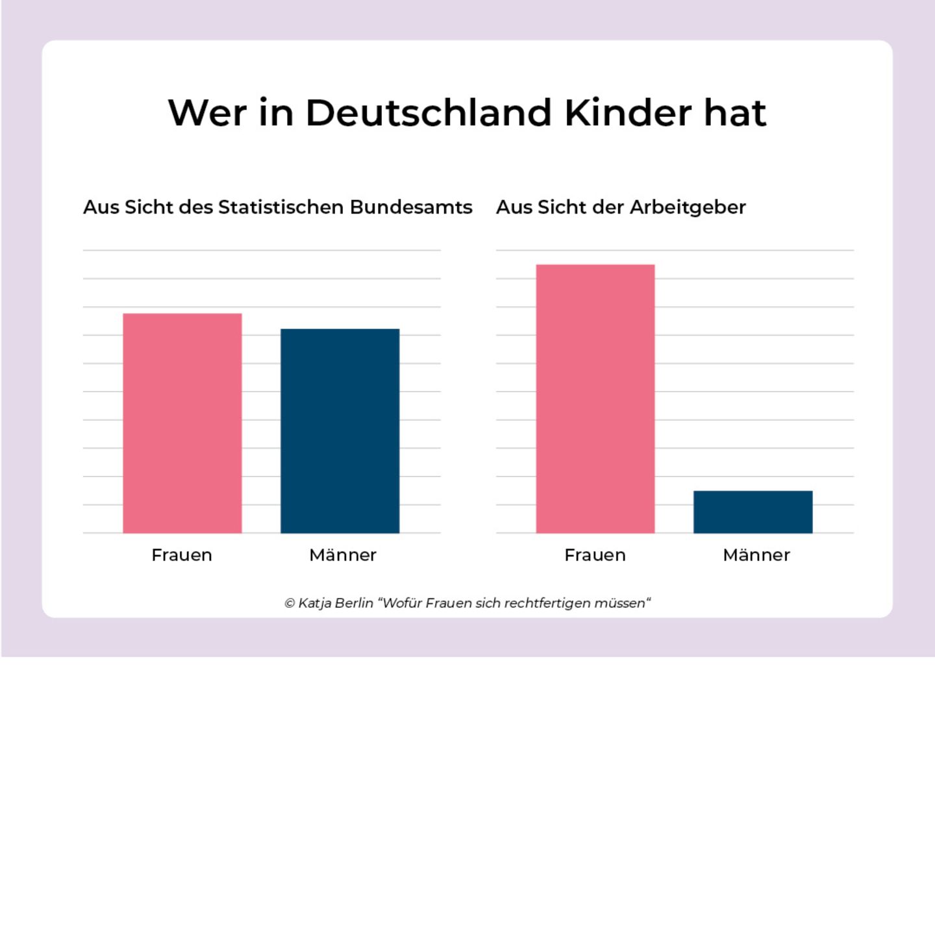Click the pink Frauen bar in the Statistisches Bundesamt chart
(x=182, y=423)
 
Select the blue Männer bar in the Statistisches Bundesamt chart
(x=340, y=431)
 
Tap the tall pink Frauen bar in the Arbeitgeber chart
(x=595, y=399)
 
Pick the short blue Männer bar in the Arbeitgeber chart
(x=753, y=512)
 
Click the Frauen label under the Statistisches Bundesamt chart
(x=182, y=555)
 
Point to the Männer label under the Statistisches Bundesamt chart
(x=343, y=555)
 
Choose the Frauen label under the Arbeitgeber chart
(x=595, y=555)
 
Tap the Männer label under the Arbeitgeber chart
(x=756, y=555)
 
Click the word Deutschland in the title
(x=429, y=113)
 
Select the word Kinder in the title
(x=629, y=113)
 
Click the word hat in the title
(x=735, y=113)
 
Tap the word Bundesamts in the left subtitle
(x=411, y=207)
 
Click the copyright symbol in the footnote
(x=290, y=603)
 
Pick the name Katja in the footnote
(x=315, y=603)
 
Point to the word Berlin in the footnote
(x=355, y=603)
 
